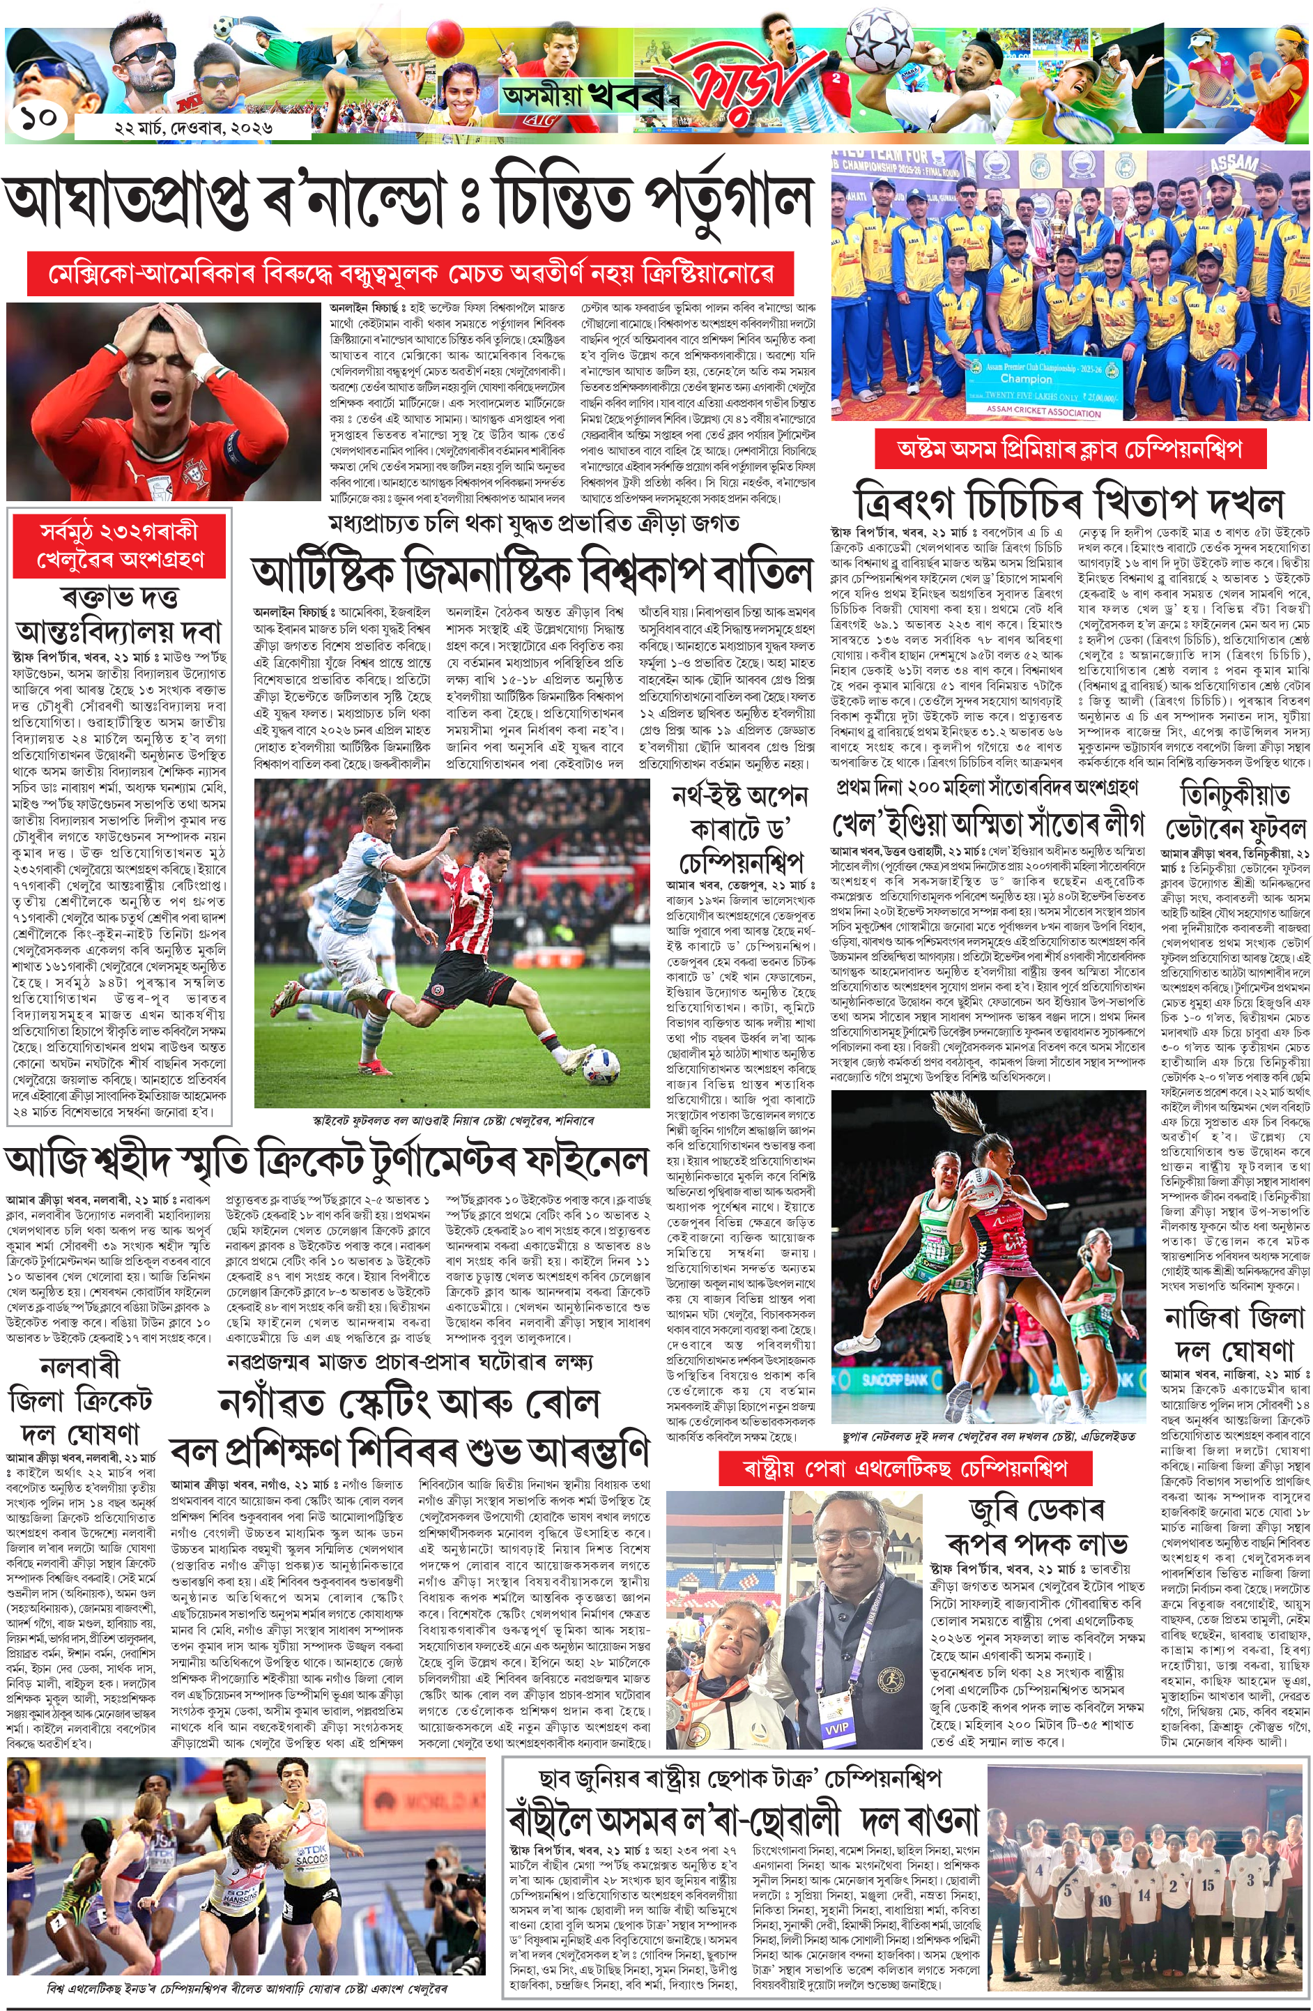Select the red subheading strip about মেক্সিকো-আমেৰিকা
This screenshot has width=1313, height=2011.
click(410, 273)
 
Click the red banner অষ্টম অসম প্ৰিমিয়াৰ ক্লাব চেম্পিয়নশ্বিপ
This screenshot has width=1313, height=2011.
click(1070, 447)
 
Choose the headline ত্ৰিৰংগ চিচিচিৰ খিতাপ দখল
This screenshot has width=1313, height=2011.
click(1069, 501)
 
